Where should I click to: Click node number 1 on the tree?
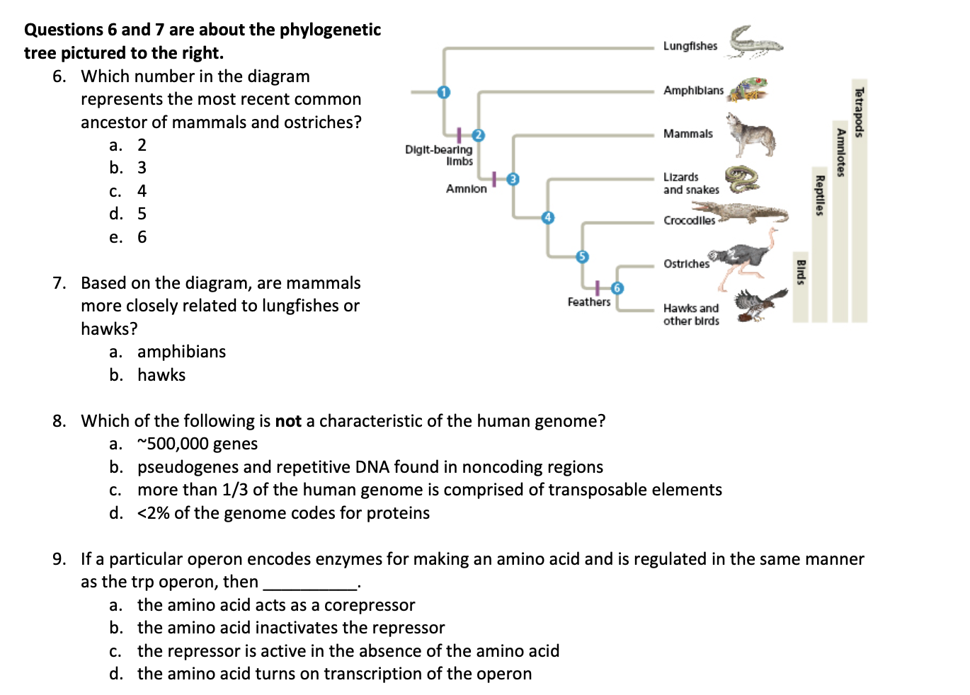pos(444,92)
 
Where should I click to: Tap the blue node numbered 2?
pos(478,135)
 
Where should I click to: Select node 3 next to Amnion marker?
pos(513,179)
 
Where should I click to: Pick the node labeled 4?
pos(547,217)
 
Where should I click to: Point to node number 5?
pos(582,256)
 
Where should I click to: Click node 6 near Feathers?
pos(617,288)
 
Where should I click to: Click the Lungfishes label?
pos(690,46)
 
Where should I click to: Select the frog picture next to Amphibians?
pos(749,90)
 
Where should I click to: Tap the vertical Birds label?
pos(801,272)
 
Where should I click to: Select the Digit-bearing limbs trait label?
pos(439,155)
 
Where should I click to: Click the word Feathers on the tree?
pos(588,302)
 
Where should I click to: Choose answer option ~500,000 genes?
pos(198,444)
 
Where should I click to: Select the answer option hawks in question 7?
pos(161,375)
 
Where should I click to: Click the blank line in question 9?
pos(310,583)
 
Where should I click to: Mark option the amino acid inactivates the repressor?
pos(291,628)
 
